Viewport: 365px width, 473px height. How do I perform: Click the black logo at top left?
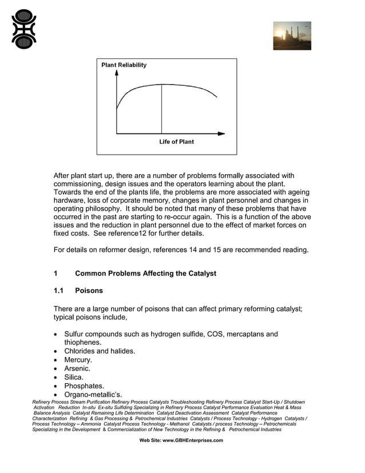(x=24, y=29)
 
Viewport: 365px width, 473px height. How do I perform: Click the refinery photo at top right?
(x=292, y=36)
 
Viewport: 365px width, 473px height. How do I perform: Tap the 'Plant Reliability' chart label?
(x=124, y=65)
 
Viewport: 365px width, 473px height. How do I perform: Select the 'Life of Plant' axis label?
(x=176, y=141)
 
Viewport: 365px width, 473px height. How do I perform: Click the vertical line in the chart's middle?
(x=161, y=109)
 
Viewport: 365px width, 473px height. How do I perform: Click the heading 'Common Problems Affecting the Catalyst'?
(x=145, y=274)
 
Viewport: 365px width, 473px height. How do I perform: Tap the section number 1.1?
(x=59, y=291)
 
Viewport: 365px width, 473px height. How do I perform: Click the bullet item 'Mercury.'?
(x=78, y=360)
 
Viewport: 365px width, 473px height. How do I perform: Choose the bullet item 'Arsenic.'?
(x=77, y=369)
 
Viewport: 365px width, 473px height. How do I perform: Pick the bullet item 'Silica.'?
(x=74, y=377)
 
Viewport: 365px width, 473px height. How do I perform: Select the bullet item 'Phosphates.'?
(x=84, y=386)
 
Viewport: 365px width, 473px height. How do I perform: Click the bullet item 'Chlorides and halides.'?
(x=100, y=351)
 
